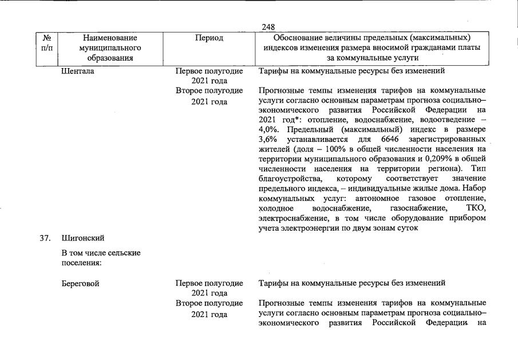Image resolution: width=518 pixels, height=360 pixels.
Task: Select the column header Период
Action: pos(209,38)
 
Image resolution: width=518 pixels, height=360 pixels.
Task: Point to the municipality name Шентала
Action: pos(78,72)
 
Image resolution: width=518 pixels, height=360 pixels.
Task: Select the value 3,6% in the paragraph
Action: pos(267,140)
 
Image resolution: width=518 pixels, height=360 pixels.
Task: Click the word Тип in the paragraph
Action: pos(477,169)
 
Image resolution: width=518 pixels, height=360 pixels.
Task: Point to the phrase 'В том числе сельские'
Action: pos(101,252)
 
